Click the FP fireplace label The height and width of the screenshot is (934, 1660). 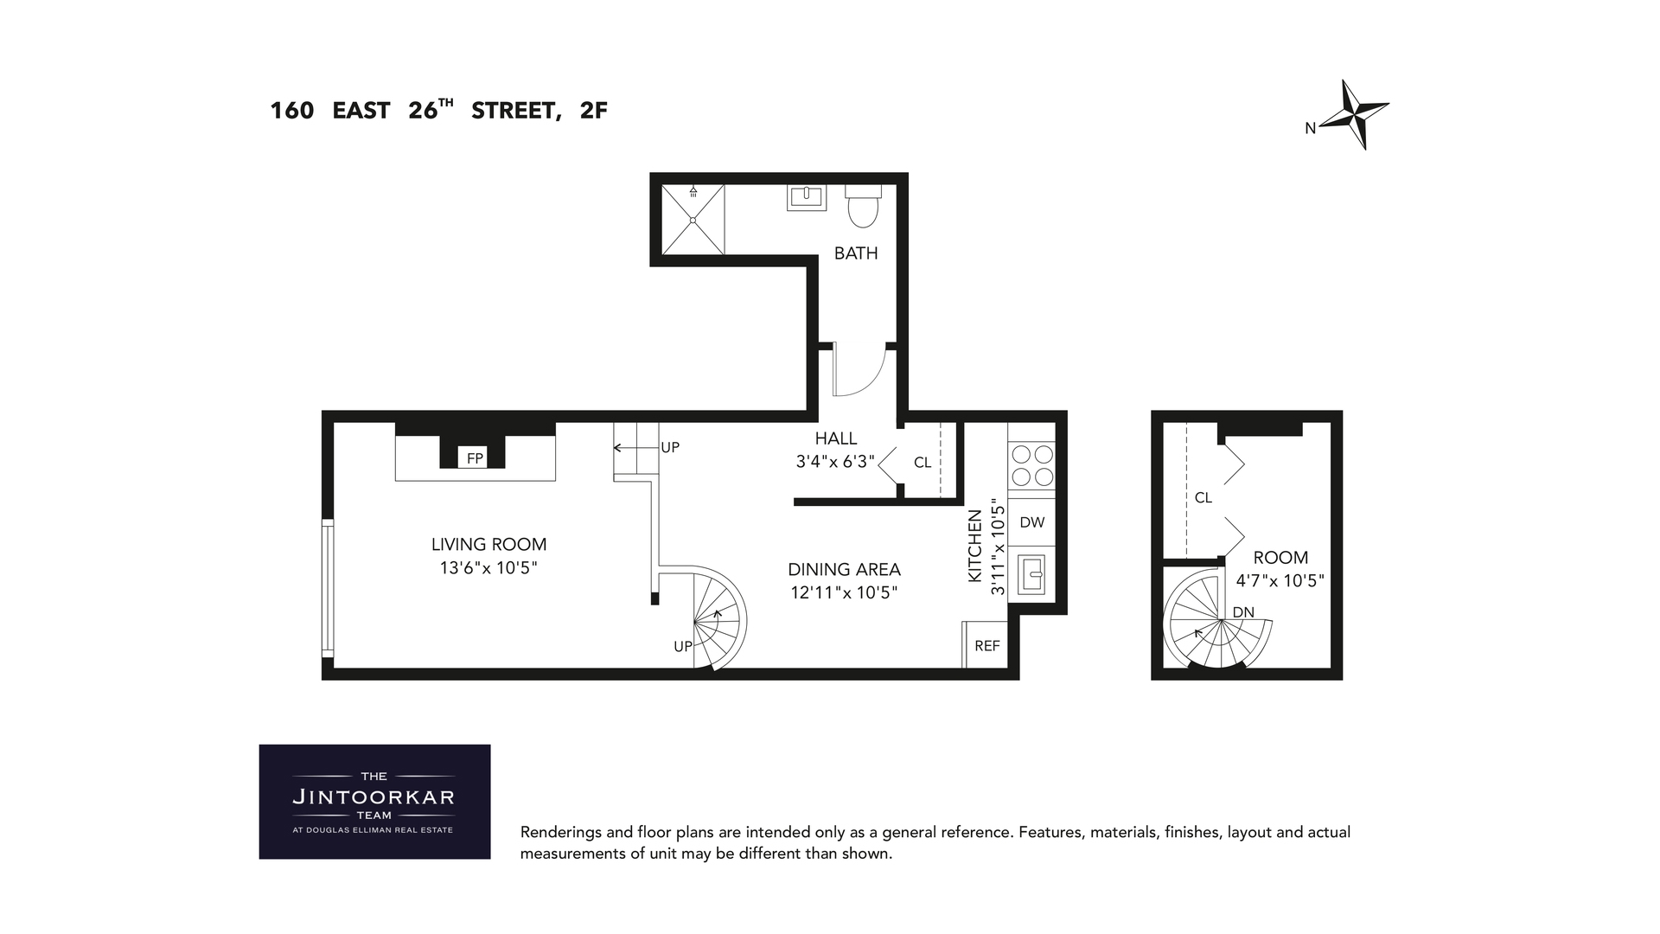pyautogui.click(x=475, y=458)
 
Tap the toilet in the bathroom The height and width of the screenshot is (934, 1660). pyautogui.click(x=862, y=206)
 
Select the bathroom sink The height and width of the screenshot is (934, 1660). pyautogui.click(x=806, y=198)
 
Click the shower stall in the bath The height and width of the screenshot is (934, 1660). pyautogui.click(x=693, y=220)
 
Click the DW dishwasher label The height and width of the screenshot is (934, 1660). pyautogui.click(x=1031, y=522)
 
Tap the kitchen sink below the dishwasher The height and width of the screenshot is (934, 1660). pyautogui.click(x=1031, y=574)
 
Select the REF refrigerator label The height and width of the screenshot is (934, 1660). pyautogui.click(x=986, y=646)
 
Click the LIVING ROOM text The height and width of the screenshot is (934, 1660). pyautogui.click(x=488, y=544)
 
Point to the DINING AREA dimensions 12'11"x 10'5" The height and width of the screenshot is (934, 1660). pyautogui.click(x=844, y=593)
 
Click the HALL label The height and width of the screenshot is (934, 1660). pyautogui.click(x=836, y=438)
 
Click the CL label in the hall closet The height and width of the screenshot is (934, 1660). pyautogui.click(x=923, y=463)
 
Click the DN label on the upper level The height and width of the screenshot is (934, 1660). pyautogui.click(x=1242, y=612)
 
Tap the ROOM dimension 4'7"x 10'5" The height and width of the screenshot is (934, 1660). pyautogui.click(x=1280, y=581)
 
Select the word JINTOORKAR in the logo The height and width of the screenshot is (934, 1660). pyautogui.click(x=373, y=796)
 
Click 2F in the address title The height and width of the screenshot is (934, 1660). pyautogui.click(x=594, y=111)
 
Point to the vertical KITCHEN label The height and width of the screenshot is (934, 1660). pyautogui.click(x=975, y=546)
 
